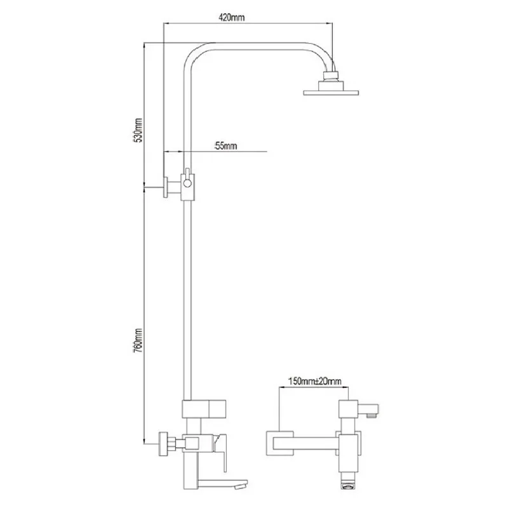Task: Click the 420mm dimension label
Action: click(x=232, y=17)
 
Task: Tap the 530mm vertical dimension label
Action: click(x=138, y=130)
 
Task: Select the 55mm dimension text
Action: click(x=226, y=146)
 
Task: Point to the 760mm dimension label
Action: click(x=138, y=340)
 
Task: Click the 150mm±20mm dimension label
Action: click(x=314, y=381)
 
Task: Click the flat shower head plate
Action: click(x=331, y=93)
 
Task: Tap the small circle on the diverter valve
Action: click(x=187, y=184)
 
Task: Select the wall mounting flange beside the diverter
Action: click(x=166, y=187)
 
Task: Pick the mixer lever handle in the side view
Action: click(x=221, y=451)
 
